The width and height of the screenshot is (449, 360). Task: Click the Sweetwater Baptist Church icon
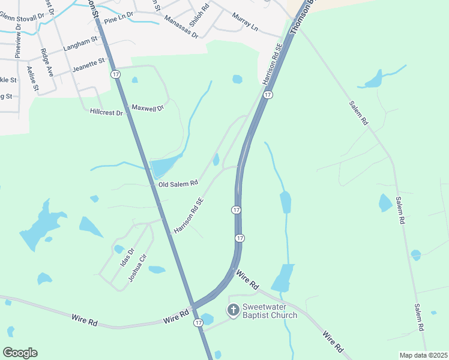233,310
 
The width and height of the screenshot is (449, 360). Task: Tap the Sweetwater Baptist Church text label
270,311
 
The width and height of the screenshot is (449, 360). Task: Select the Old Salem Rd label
178,184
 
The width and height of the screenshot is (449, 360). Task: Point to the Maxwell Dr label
147,109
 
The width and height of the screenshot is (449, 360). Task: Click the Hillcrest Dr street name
106,112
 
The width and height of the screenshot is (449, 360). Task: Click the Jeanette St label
88,65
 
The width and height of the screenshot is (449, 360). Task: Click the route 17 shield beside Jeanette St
115,74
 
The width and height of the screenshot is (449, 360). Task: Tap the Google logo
20,353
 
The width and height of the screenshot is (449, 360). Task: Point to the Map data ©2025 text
423,355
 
